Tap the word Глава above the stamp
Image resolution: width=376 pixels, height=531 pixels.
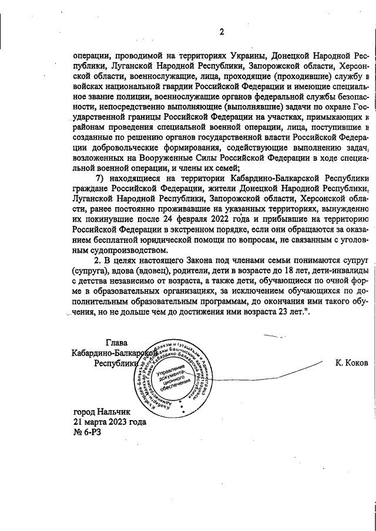coord(116,343)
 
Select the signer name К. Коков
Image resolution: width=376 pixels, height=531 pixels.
coord(351,363)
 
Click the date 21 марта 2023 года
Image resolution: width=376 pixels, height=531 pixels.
coord(109,423)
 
